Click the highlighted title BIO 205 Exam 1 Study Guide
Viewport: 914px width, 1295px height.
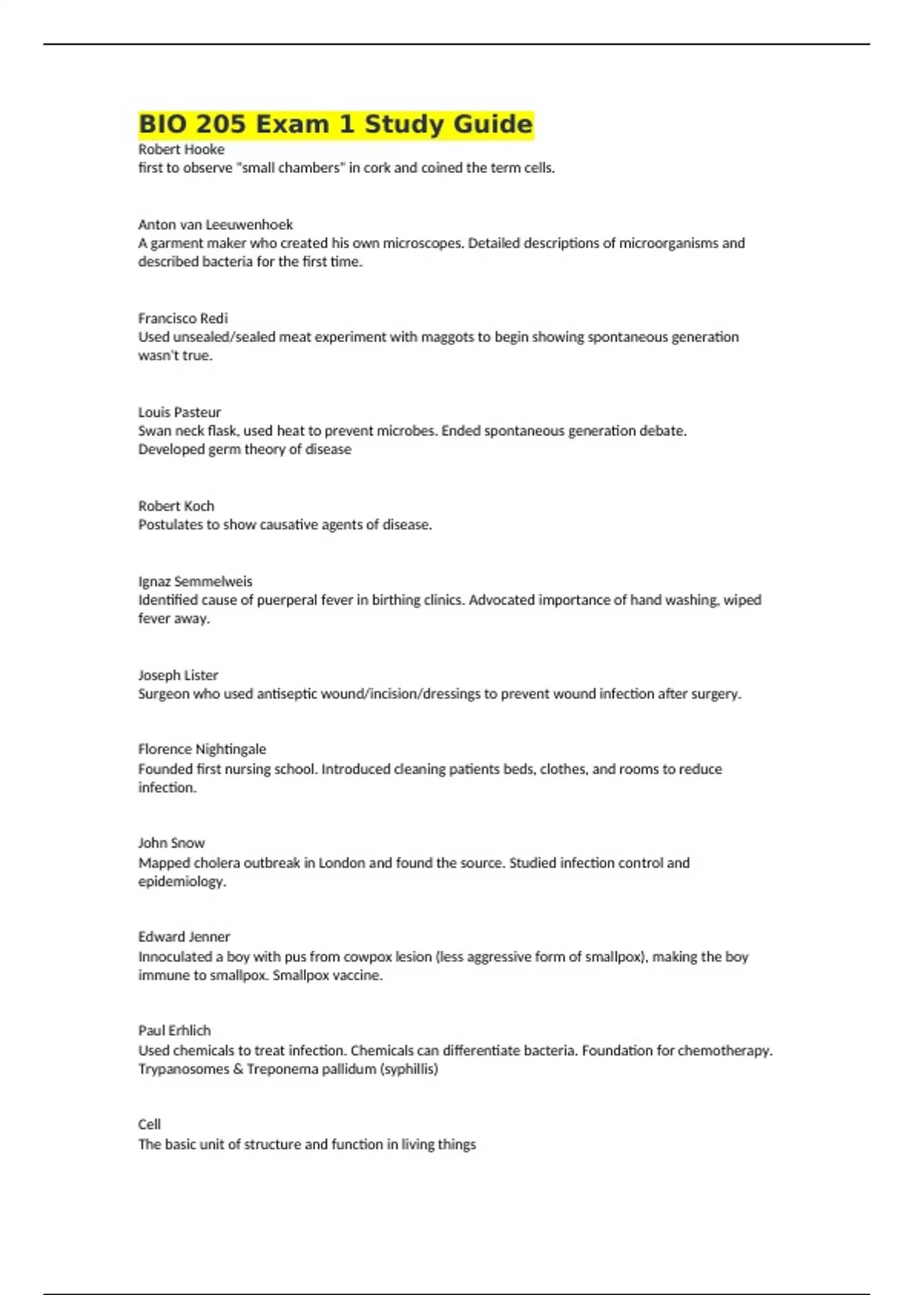[x=335, y=124]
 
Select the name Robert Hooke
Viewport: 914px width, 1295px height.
[x=181, y=149]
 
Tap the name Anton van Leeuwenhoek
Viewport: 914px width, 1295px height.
[x=216, y=225]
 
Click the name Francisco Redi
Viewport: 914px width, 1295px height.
[x=183, y=318]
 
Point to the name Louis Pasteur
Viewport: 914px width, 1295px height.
[x=180, y=412]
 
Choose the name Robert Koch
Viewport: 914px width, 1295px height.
[x=176, y=506]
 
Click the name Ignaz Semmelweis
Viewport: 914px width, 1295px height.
[x=195, y=581]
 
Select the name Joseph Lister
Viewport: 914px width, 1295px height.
[x=178, y=675]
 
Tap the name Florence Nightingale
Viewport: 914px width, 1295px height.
[x=202, y=749]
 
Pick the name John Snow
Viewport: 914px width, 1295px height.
[x=171, y=843]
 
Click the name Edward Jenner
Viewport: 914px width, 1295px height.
[x=184, y=936]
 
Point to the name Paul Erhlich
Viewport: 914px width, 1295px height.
[x=174, y=1030]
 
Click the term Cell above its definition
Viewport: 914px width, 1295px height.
[x=149, y=1124]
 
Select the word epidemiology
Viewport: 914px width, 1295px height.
[x=182, y=881]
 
